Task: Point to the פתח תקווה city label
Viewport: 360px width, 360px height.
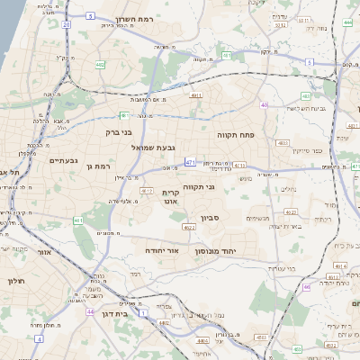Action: [x=237, y=133]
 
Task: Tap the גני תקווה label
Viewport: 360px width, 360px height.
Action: [x=199, y=186]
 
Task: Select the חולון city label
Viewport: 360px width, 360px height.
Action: [x=16, y=282]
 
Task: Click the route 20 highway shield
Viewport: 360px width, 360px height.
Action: [x=66, y=24]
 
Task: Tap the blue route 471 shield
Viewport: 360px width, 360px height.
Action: [x=191, y=162]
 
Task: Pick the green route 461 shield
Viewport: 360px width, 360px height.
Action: [x=79, y=219]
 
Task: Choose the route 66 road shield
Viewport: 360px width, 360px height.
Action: [x=306, y=287]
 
